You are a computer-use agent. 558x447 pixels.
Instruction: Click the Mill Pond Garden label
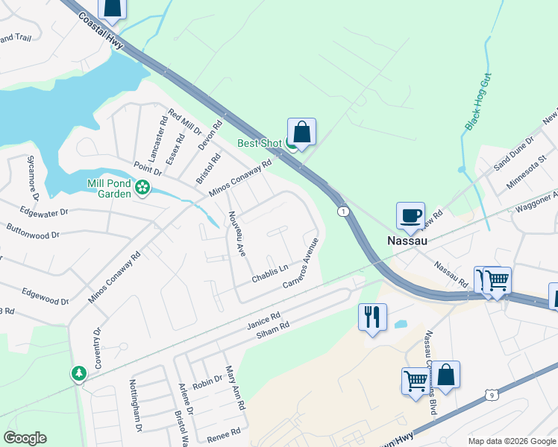pyautogui.click(x=109, y=186)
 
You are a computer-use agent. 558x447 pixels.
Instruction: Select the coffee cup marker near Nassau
pyautogui.click(x=410, y=216)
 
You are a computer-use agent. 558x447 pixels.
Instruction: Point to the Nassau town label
pyautogui.click(x=407, y=241)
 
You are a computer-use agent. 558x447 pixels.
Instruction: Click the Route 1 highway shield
pyautogui.click(x=342, y=212)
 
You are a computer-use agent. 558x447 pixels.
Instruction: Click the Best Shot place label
pyautogui.click(x=259, y=143)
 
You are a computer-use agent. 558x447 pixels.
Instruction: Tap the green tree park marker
pyautogui.click(x=78, y=372)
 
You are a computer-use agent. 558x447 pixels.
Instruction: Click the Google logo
pyautogui.click(x=25, y=438)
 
